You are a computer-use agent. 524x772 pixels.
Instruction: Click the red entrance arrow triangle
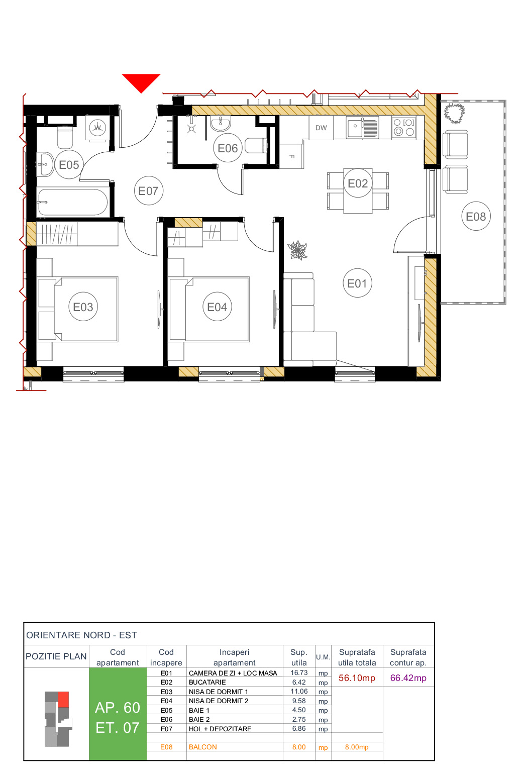tap(141, 81)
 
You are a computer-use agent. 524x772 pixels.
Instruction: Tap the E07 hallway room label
tap(148, 191)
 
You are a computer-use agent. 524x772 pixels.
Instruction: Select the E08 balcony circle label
tap(476, 217)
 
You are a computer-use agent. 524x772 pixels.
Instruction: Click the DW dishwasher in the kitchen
tap(321, 128)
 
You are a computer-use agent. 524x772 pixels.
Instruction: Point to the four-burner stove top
tap(404, 128)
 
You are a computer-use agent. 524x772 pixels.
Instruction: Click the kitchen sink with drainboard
tap(363, 127)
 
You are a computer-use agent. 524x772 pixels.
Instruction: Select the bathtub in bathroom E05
tap(72, 202)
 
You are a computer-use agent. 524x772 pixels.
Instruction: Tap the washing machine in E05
tap(97, 128)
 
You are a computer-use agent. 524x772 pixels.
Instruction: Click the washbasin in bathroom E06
tap(220, 123)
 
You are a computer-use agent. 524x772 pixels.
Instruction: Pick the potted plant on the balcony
tap(454, 113)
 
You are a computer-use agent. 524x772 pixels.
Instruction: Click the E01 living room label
tap(357, 283)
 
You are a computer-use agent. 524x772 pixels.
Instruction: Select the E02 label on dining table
tap(358, 184)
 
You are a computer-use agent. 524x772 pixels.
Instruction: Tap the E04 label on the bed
tap(217, 307)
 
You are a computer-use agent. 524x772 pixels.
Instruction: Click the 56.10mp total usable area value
tap(357, 678)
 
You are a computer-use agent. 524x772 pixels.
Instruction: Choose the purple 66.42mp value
tap(408, 678)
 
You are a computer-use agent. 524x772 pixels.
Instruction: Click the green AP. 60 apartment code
tap(118, 708)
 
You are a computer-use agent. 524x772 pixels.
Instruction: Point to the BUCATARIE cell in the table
tap(207, 683)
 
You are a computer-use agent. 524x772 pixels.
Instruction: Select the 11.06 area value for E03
tap(299, 692)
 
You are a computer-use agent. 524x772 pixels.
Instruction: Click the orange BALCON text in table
tap(203, 747)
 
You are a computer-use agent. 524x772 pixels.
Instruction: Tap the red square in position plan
tap(63, 699)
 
